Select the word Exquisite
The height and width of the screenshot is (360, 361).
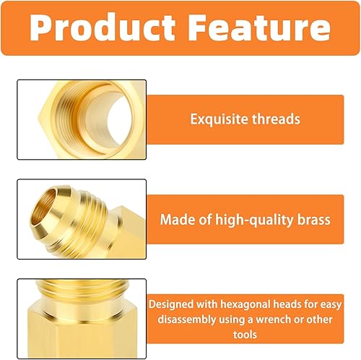217,119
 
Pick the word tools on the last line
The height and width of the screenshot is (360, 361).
245,334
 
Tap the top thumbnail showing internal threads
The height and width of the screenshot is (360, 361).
81,119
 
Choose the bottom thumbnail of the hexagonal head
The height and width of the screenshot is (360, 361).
81,318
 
